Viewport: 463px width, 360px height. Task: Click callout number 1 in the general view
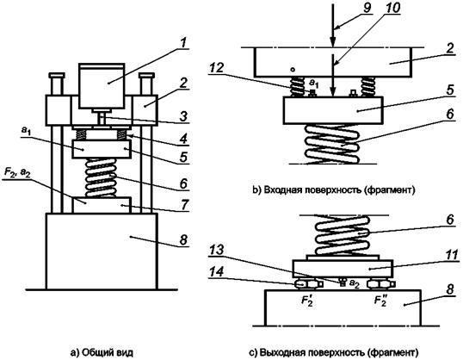[x=183, y=43]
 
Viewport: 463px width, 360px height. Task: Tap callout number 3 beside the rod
[x=183, y=116]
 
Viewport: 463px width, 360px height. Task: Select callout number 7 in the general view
[x=184, y=204]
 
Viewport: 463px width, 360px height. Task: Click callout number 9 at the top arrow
[x=367, y=8]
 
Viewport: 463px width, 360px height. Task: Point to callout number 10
[x=392, y=8]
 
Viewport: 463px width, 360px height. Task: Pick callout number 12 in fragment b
[x=217, y=68]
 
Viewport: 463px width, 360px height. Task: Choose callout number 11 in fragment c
[x=452, y=255]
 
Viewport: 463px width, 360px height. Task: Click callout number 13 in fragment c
[x=217, y=251]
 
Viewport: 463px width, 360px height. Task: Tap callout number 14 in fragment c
[x=217, y=272]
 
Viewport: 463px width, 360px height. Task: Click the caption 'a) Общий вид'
[x=102, y=352]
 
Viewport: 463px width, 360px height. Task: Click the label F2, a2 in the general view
[x=18, y=173]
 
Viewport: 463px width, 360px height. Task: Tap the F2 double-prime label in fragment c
[x=380, y=300]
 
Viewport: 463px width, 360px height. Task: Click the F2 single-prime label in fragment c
[x=306, y=300]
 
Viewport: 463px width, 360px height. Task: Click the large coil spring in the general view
[x=101, y=178]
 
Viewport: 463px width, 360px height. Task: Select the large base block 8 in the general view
[x=102, y=251]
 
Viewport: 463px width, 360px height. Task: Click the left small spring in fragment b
[x=297, y=87]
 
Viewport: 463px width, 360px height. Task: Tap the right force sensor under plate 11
[x=380, y=283]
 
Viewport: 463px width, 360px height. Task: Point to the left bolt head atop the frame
[x=57, y=75]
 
